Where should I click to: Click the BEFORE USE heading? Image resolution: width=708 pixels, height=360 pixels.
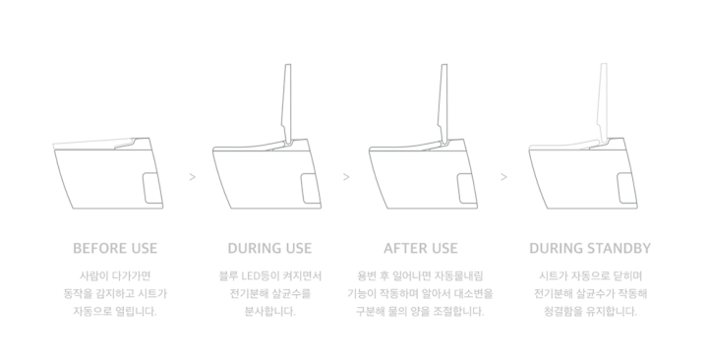tap(115, 248)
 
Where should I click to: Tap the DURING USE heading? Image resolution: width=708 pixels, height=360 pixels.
tap(269, 248)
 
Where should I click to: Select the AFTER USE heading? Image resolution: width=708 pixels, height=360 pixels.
tap(421, 248)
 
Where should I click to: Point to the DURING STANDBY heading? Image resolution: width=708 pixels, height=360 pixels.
tap(590, 248)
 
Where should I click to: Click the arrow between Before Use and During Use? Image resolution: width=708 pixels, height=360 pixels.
tap(193, 177)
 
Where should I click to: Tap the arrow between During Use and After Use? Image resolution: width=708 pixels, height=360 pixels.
tap(346, 177)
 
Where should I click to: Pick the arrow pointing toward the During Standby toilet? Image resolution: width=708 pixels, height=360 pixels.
tap(503, 177)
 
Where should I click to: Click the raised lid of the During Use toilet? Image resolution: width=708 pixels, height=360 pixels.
tap(287, 104)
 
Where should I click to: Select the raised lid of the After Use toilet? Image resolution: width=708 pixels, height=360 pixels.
tap(442, 104)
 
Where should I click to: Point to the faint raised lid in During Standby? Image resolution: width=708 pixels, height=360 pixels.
tap(603, 104)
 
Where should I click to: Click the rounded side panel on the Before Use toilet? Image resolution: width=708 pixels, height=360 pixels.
tap(152, 188)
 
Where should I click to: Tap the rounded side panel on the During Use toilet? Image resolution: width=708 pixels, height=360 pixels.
tap(310, 188)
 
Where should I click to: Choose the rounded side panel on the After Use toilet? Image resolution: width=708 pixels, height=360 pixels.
tap(467, 188)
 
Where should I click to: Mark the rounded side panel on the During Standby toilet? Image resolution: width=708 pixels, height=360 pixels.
tap(626, 188)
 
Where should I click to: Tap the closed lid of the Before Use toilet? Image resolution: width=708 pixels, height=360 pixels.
tap(94, 144)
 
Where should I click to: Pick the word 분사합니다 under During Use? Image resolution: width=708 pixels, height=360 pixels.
tap(270, 311)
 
